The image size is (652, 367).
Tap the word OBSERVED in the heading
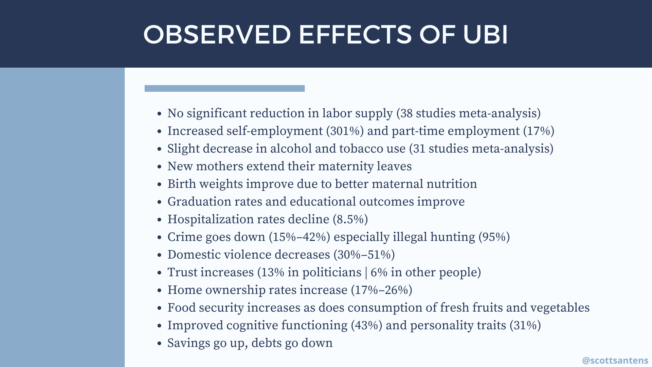click(217, 34)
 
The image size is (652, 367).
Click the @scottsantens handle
click(615, 360)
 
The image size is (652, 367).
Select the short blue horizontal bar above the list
click(224, 88)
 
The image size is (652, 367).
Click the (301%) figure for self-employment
click(345, 131)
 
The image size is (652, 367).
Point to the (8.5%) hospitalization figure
click(350, 220)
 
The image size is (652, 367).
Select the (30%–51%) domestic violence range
click(364, 255)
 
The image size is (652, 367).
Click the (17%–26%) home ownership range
click(381, 290)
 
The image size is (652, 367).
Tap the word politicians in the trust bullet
click(332, 273)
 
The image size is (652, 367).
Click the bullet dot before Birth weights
click(159, 185)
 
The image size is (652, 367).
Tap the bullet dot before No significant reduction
click(159, 114)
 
